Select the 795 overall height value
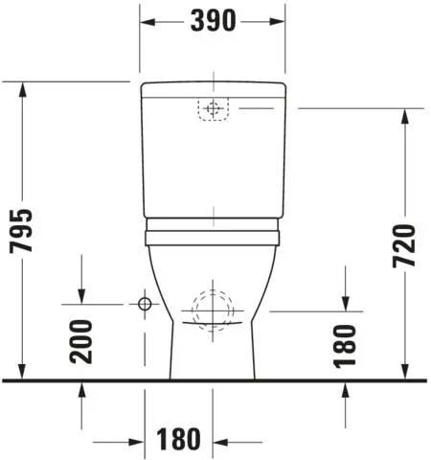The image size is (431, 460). point(22,231)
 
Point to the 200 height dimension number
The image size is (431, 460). point(82,341)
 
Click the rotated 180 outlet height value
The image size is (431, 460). point(346,344)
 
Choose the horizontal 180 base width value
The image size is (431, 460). point(179,440)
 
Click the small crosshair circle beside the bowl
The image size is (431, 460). point(145,305)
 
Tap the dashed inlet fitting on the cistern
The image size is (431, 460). point(213,110)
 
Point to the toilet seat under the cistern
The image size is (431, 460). point(212,230)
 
